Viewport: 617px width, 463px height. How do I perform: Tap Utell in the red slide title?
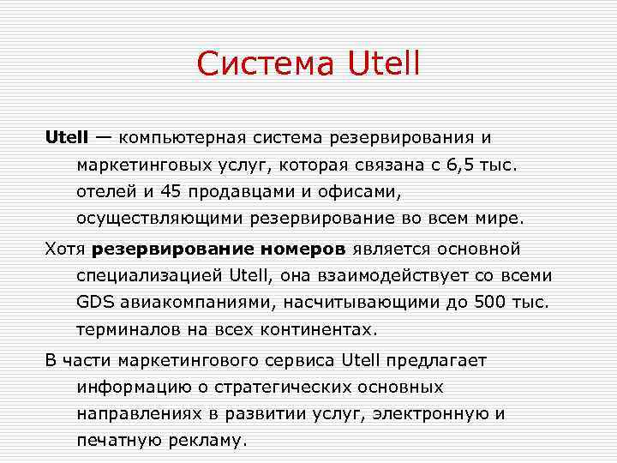384,64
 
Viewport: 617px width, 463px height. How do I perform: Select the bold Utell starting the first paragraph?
67,137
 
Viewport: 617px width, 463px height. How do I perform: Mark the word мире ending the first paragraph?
500,218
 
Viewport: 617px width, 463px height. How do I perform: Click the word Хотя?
65,249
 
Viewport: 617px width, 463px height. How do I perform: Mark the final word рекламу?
206,441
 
